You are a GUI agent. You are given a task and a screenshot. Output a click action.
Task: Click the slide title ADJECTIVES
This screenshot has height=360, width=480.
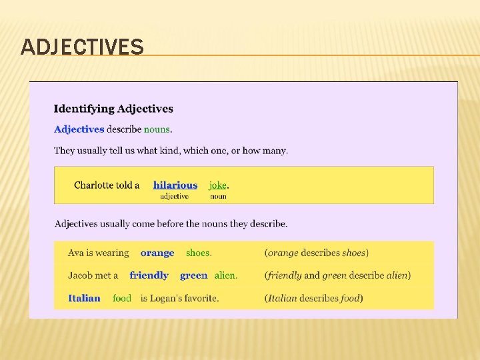[82, 47]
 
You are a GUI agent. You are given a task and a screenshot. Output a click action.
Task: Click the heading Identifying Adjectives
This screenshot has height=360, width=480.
[113, 109]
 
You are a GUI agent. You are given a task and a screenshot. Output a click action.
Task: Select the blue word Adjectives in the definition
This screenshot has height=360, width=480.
[79, 129]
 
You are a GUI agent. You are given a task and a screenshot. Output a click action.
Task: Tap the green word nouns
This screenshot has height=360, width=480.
[157, 129]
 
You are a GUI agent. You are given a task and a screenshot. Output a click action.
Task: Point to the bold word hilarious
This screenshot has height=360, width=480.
[175, 185]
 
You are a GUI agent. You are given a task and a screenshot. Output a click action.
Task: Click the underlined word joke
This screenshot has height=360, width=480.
[217, 185]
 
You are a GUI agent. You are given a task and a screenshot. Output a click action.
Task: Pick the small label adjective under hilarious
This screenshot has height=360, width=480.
[174, 197]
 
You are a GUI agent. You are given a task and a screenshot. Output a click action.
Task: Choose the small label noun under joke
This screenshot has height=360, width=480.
[218, 197]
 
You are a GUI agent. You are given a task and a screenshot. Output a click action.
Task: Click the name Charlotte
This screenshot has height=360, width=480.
[93, 185]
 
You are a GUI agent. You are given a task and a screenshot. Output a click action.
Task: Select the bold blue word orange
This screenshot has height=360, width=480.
[157, 253]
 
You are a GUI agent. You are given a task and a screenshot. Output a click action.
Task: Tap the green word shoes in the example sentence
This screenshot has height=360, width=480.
[198, 253]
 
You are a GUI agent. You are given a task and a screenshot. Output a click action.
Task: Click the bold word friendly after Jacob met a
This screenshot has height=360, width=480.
[149, 275]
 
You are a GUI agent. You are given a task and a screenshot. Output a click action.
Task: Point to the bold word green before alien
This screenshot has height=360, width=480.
[193, 275]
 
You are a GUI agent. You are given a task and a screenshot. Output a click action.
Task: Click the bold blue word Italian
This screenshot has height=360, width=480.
[84, 298]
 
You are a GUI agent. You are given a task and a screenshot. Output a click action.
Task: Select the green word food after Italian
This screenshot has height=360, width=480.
[122, 298]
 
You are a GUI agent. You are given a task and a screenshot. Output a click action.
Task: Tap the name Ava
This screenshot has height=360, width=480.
[75, 253]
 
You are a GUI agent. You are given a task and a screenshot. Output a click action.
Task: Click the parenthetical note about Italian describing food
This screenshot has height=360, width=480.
[313, 298]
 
